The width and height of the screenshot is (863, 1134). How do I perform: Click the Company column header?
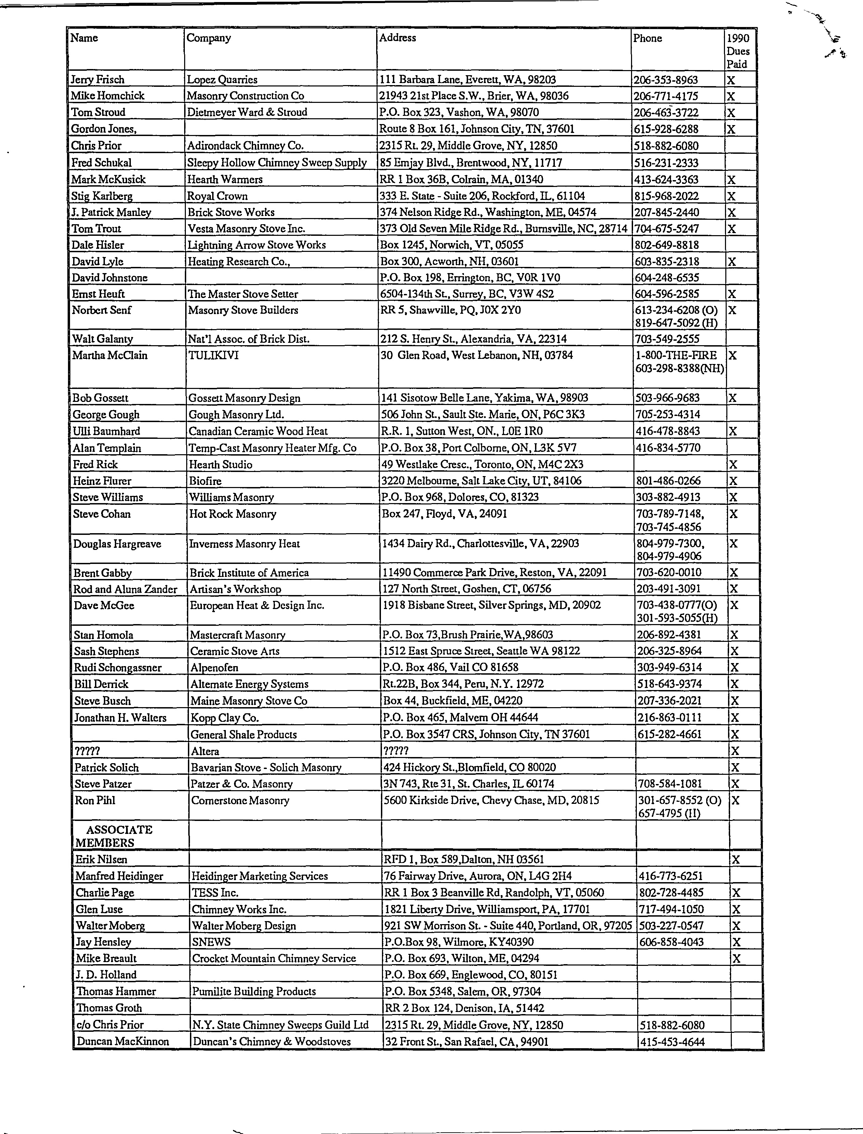click(x=208, y=38)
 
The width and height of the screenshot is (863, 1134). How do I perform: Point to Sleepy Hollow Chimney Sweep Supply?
click(x=276, y=163)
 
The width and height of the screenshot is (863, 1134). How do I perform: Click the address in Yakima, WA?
click(x=484, y=398)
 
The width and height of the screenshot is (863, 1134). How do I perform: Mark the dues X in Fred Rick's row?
click(x=734, y=464)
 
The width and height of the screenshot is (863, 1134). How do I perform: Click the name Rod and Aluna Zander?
click(x=125, y=589)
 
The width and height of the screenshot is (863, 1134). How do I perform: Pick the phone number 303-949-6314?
click(x=669, y=667)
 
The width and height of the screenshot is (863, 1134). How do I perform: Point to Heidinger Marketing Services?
click(x=259, y=876)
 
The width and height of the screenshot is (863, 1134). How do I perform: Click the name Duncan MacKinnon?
click(x=122, y=1041)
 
